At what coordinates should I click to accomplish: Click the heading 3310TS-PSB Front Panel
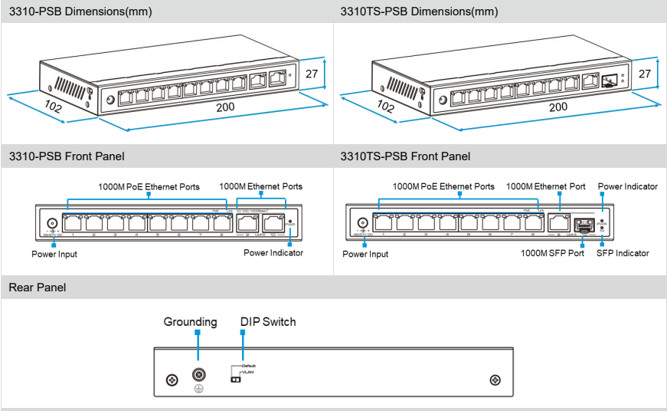click(405, 156)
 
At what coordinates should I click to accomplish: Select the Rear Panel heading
click(38, 288)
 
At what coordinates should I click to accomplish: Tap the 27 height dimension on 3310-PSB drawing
click(311, 74)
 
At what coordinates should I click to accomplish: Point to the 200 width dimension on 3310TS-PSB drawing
click(558, 107)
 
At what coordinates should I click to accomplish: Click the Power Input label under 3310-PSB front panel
click(54, 254)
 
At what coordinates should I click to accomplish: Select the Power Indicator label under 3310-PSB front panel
click(273, 253)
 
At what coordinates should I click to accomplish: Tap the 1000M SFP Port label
click(551, 253)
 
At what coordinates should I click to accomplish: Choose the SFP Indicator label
click(623, 253)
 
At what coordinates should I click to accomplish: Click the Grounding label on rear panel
click(190, 322)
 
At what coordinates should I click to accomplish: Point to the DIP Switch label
click(268, 322)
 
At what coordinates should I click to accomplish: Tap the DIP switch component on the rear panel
click(236, 379)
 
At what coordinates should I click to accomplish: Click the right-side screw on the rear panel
click(495, 380)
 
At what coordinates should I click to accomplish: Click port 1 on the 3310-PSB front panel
click(74, 222)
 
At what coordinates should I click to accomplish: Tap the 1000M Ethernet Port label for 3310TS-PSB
click(546, 186)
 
